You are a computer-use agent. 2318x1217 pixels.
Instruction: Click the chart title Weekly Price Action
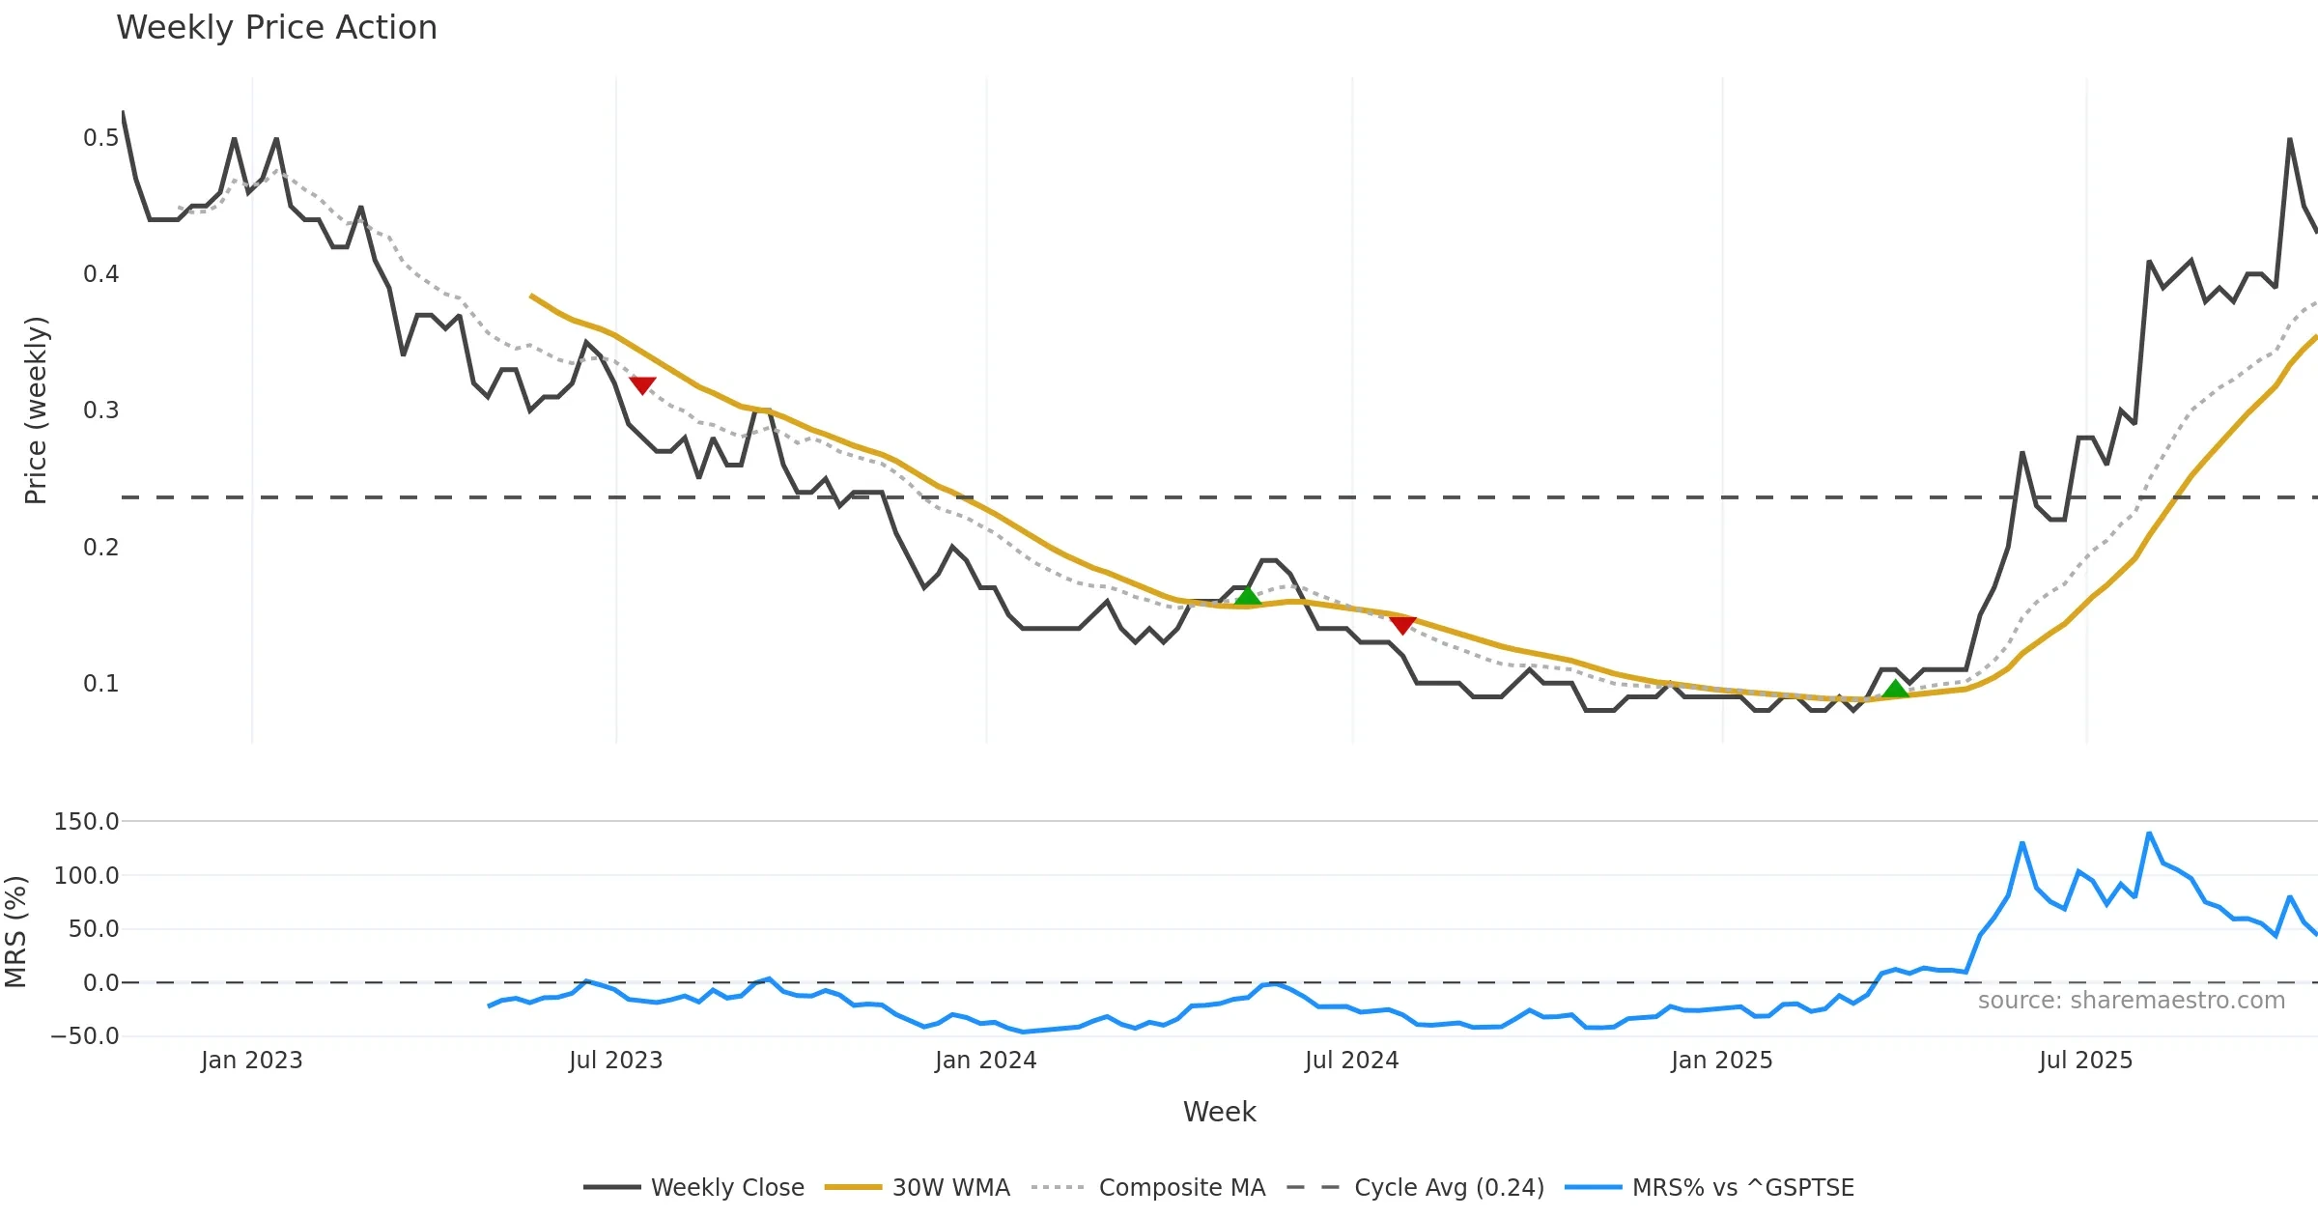(x=276, y=28)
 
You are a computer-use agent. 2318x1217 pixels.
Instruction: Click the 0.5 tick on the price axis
(x=100, y=138)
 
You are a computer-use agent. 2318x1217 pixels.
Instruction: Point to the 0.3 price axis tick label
(x=100, y=410)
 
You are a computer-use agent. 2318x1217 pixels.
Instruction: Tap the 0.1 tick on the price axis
(x=100, y=684)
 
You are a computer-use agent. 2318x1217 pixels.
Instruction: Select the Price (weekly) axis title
(x=36, y=410)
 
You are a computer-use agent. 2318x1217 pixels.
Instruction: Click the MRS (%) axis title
(x=15, y=931)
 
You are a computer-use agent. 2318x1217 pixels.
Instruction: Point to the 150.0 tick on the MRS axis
(x=86, y=822)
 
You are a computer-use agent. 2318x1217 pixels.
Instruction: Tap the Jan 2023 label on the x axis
(x=251, y=1061)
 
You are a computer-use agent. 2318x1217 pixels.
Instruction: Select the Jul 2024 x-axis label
(x=1351, y=1061)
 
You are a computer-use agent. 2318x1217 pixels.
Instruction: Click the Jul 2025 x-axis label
(x=2085, y=1061)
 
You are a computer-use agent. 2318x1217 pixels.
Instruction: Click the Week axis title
(x=1219, y=1113)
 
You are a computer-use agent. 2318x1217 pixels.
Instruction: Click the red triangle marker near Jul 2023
(x=642, y=384)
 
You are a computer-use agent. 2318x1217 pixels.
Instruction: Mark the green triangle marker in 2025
(x=1896, y=690)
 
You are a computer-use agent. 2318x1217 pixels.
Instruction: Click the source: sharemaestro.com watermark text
(x=2131, y=1001)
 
